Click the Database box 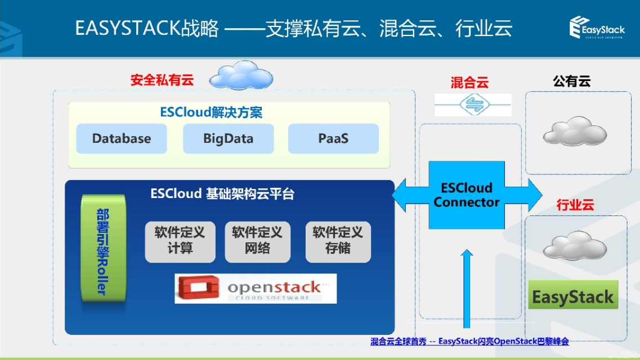[x=122, y=138]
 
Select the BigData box [x=228, y=138]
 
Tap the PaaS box [x=333, y=138]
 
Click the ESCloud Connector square [x=467, y=195]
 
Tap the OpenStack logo [x=256, y=289]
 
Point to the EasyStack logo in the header [x=597, y=27]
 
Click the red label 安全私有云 [x=162, y=80]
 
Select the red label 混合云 [x=469, y=83]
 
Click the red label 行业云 [x=575, y=205]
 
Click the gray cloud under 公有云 [x=575, y=132]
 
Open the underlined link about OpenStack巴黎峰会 [x=469, y=341]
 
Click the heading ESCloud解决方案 [x=211, y=112]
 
